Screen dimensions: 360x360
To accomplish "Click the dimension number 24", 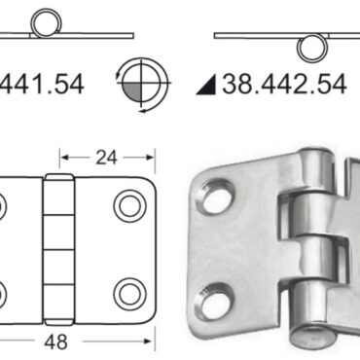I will (x=107, y=153).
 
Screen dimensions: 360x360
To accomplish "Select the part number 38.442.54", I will (x=284, y=85).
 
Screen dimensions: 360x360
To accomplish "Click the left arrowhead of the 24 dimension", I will (x=64, y=154).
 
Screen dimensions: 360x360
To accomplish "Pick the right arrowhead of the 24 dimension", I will (x=152, y=154).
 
